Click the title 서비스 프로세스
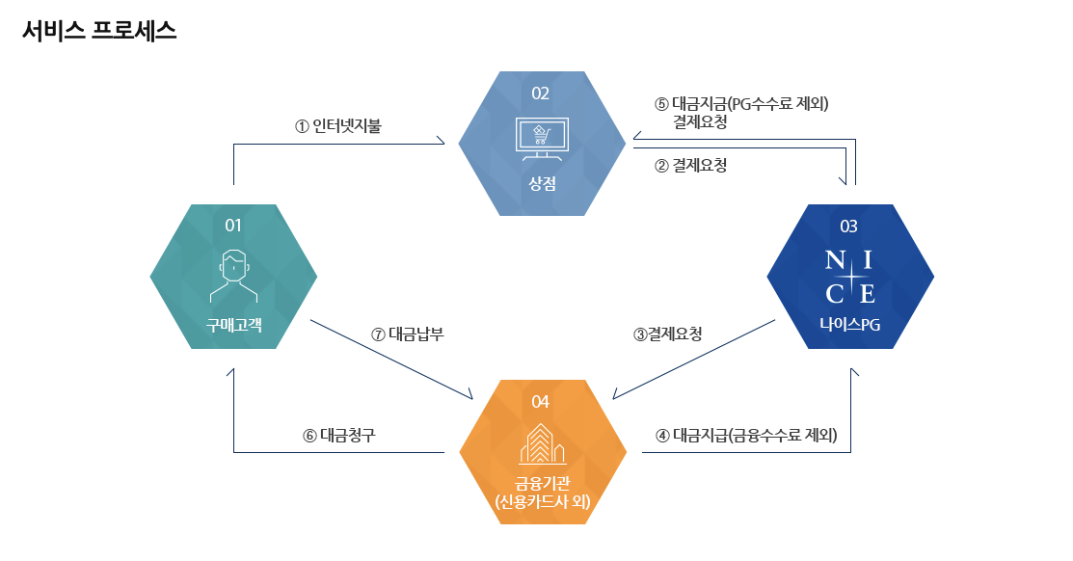click(99, 30)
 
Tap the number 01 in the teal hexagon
click(233, 226)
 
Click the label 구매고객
click(233, 324)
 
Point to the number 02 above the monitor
click(540, 93)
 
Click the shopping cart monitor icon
click(540, 139)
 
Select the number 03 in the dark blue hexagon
click(848, 227)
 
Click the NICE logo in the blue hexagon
click(849, 277)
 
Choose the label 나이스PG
click(849, 325)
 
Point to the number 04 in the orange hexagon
click(540, 401)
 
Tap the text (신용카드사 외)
click(541, 502)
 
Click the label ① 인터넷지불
click(338, 125)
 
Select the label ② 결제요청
click(690, 165)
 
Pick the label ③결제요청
click(667, 334)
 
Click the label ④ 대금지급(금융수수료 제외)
click(746, 435)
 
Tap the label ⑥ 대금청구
click(338, 435)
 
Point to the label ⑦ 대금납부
click(407, 334)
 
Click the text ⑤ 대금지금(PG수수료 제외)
click(741, 104)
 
